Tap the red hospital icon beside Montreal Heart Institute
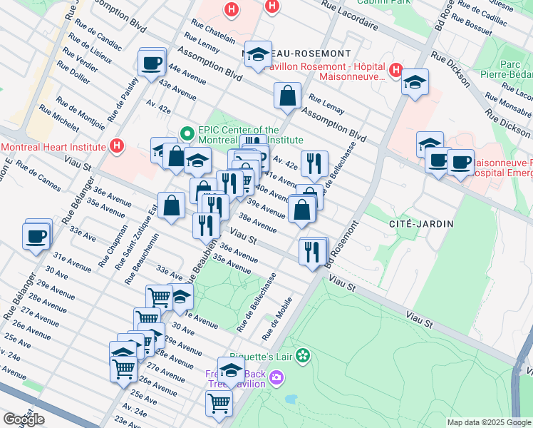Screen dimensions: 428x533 (x=118, y=147)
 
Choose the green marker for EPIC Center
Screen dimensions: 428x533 (x=188, y=133)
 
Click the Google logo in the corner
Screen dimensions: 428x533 (x=24, y=419)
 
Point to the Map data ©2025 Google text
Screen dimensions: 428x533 (x=488, y=422)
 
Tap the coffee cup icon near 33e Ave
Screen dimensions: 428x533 (x=36, y=235)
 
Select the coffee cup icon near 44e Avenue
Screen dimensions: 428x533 (x=152, y=63)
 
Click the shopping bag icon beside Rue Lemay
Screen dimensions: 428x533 (x=287, y=95)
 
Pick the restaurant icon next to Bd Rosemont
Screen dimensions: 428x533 (x=313, y=251)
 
